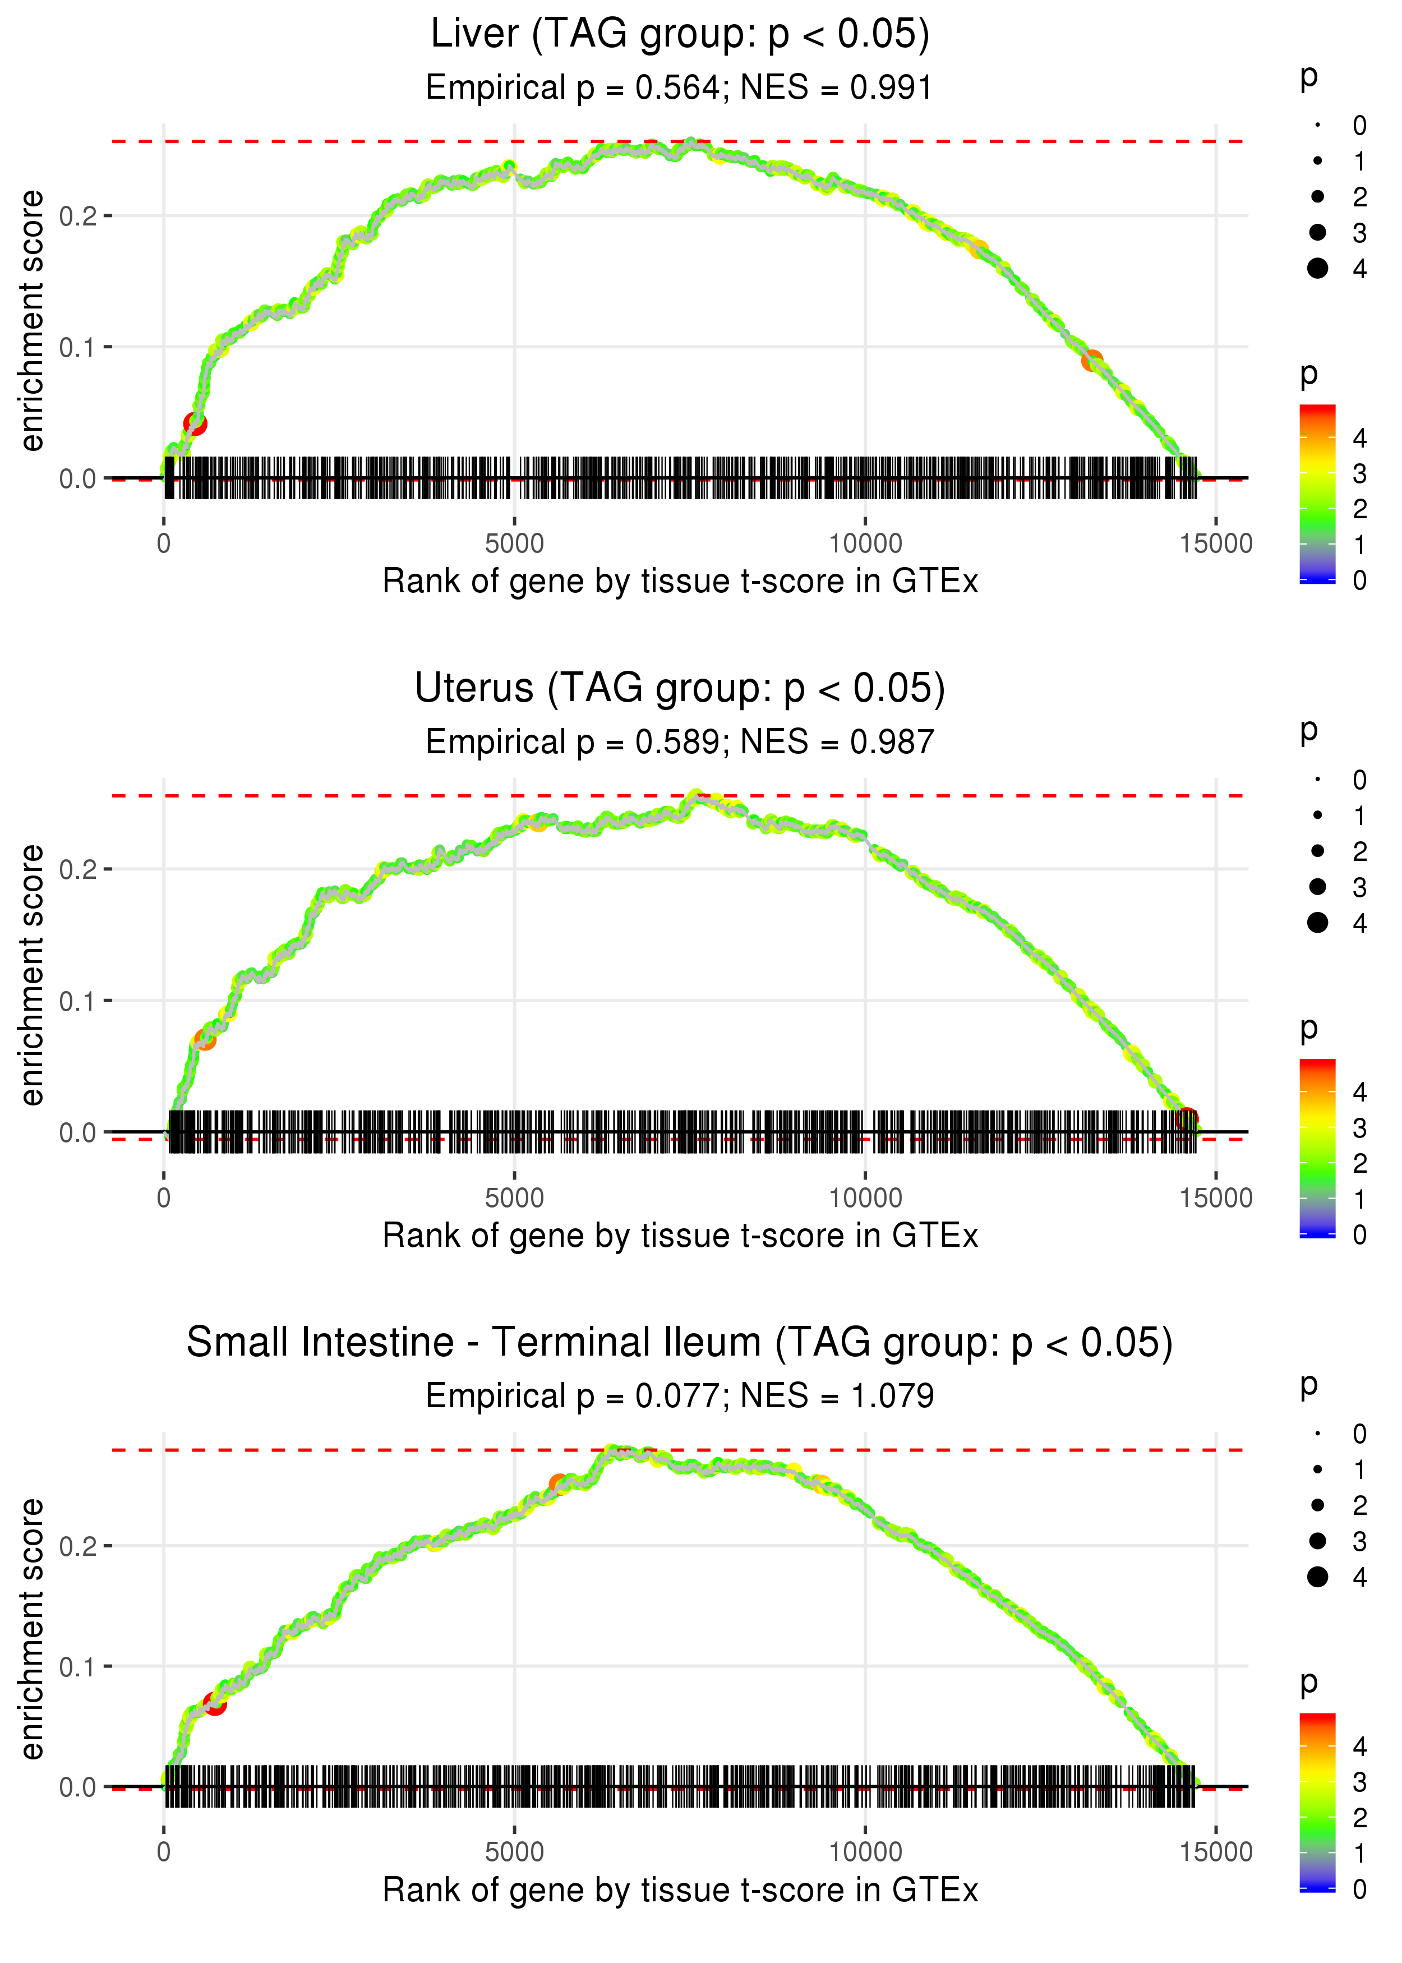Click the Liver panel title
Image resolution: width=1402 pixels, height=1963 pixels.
pos(680,35)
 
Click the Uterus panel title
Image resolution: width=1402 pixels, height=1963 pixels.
pos(680,689)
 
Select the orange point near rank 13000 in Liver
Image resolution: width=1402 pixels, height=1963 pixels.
pos(1092,361)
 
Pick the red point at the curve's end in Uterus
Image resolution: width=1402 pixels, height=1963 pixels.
pos(1188,1119)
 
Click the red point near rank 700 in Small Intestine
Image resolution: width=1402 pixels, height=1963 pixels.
pos(215,1704)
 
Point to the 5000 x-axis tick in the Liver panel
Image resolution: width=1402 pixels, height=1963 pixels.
pos(514,544)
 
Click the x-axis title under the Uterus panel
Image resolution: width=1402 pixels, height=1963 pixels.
pos(680,1236)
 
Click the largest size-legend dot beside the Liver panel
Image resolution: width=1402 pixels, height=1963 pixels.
pos(1317,269)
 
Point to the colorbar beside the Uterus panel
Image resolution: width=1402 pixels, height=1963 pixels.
pos(1317,1148)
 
